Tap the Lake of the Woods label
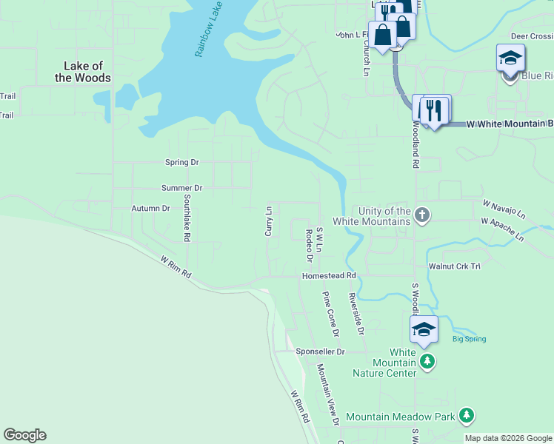83,72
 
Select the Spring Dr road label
182,162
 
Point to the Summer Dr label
182,188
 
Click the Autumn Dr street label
151,209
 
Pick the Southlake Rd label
187,219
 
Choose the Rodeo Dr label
309,245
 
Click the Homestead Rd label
329,276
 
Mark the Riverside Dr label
356,313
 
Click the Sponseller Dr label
320,351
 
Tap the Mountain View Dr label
328,394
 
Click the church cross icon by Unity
422,215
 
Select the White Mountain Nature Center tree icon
427,361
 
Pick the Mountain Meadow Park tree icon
466,416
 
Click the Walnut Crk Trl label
454,265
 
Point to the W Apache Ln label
501,229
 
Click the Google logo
24,435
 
